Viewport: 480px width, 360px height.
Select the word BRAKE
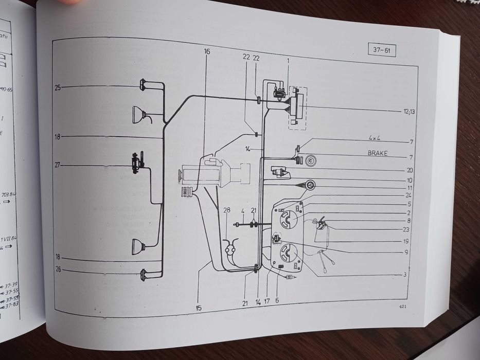click(379, 153)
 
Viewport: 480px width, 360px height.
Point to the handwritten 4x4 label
click(378, 138)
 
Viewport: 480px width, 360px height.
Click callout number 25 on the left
click(57, 88)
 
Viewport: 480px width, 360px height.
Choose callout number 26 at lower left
click(58, 268)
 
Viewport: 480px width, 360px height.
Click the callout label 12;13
click(409, 111)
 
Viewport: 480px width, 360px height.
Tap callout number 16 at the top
click(207, 52)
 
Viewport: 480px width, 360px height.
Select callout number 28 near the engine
click(227, 210)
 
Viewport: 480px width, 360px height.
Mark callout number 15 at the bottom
click(199, 308)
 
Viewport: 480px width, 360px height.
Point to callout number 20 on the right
click(409, 170)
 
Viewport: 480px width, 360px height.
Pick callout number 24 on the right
click(408, 195)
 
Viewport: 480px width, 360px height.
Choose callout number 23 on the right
click(406, 229)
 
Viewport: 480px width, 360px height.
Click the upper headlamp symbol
click(138, 113)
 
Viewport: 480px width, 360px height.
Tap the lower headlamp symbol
click(138, 246)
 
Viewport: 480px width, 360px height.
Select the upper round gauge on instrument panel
click(287, 220)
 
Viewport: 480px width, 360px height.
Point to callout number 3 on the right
click(405, 275)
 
